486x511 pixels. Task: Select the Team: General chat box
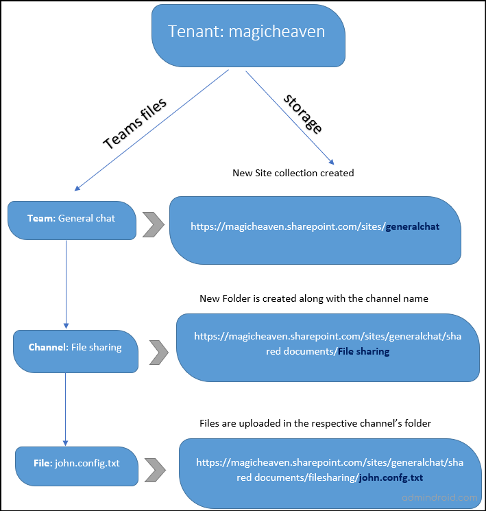71,219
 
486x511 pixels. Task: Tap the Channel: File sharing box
75,348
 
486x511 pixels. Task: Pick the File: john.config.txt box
76,463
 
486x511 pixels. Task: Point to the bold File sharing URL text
363,351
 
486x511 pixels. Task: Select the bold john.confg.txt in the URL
391,477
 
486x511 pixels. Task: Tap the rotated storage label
302,113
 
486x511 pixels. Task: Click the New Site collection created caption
293,173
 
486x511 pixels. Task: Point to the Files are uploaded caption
315,423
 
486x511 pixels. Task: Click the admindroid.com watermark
441,497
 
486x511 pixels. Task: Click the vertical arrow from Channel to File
66,409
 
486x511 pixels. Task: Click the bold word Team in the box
40,219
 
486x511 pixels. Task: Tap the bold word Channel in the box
47,348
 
